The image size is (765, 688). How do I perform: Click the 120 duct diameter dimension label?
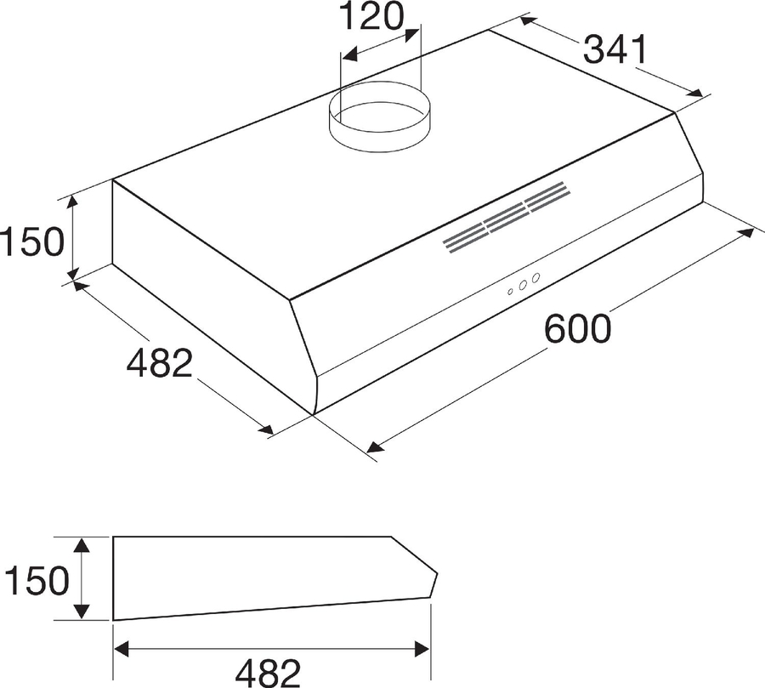371,16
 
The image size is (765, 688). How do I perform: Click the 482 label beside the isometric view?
160,362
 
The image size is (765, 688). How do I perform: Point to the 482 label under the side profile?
268,673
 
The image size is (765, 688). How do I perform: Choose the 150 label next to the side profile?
36,581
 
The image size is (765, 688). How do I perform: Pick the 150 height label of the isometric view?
32,242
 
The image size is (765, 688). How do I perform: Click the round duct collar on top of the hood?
380,117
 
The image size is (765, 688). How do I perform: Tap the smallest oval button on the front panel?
510,292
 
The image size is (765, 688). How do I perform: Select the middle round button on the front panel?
523,285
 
